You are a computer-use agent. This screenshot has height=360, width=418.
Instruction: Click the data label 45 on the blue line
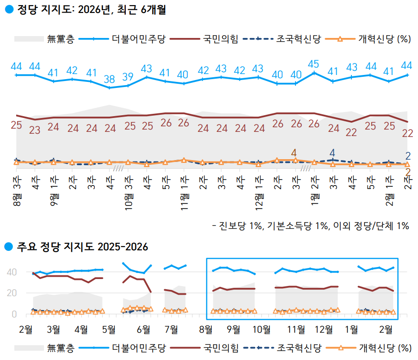pyautogui.click(x=314, y=64)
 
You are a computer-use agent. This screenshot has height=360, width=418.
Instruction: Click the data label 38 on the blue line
pyautogui.click(x=109, y=79)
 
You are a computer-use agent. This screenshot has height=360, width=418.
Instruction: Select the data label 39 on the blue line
pyautogui.click(x=128, y=77)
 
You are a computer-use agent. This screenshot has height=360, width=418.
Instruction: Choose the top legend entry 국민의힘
pyautogui.click(x=220, y=39)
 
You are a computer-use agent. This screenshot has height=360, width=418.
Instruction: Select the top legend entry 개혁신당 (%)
pyautogui.click(x=384, y=39)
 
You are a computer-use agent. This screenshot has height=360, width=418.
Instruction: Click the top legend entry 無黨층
pyautogui.click(x=61, y=39)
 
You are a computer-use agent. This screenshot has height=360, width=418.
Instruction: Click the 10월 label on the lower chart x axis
pyautogui.click(x=262, y=329)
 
